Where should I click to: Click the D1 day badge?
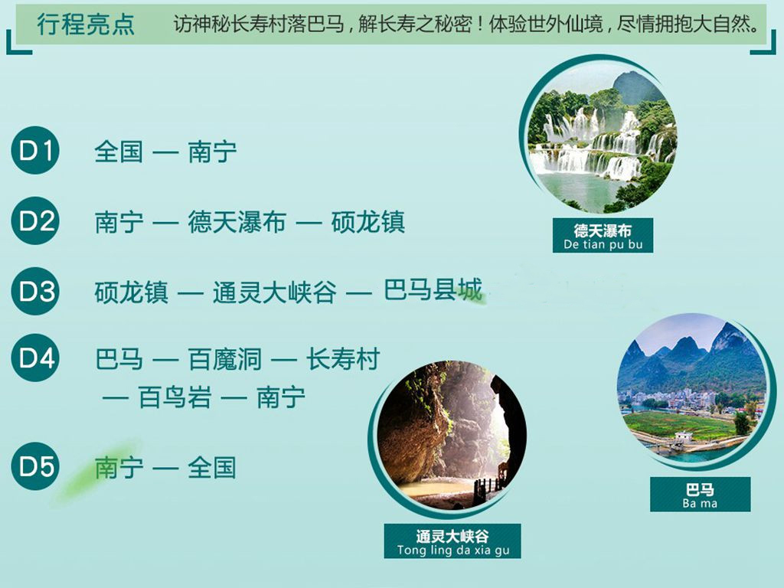click(x=35, y=150)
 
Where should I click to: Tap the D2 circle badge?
click(x=35, y=220)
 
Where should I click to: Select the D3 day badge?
click(x=35, y=291)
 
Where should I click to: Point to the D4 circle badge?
click(x=35, y=358)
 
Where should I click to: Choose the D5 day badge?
click(x=35, y=466)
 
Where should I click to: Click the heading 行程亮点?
click(x=86, y=24)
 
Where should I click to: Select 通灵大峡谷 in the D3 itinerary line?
click(x=275, y=292)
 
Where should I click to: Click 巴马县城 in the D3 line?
click(x=433, y=290)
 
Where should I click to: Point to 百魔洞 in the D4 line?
click(x=225, y=359)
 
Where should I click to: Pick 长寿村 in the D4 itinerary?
click(x=343, y=359)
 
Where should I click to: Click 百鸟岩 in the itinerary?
click(x=175, y=397)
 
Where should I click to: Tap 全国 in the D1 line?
click(x=119, y=152)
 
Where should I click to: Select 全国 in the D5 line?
click(x=211, y=468)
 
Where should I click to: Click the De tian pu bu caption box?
click(x=603, y=236)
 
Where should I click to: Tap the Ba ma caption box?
click(x=700, y=495)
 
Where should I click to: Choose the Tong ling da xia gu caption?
click(x=452, y=541)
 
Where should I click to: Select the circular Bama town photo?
click(x=691, y=388)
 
